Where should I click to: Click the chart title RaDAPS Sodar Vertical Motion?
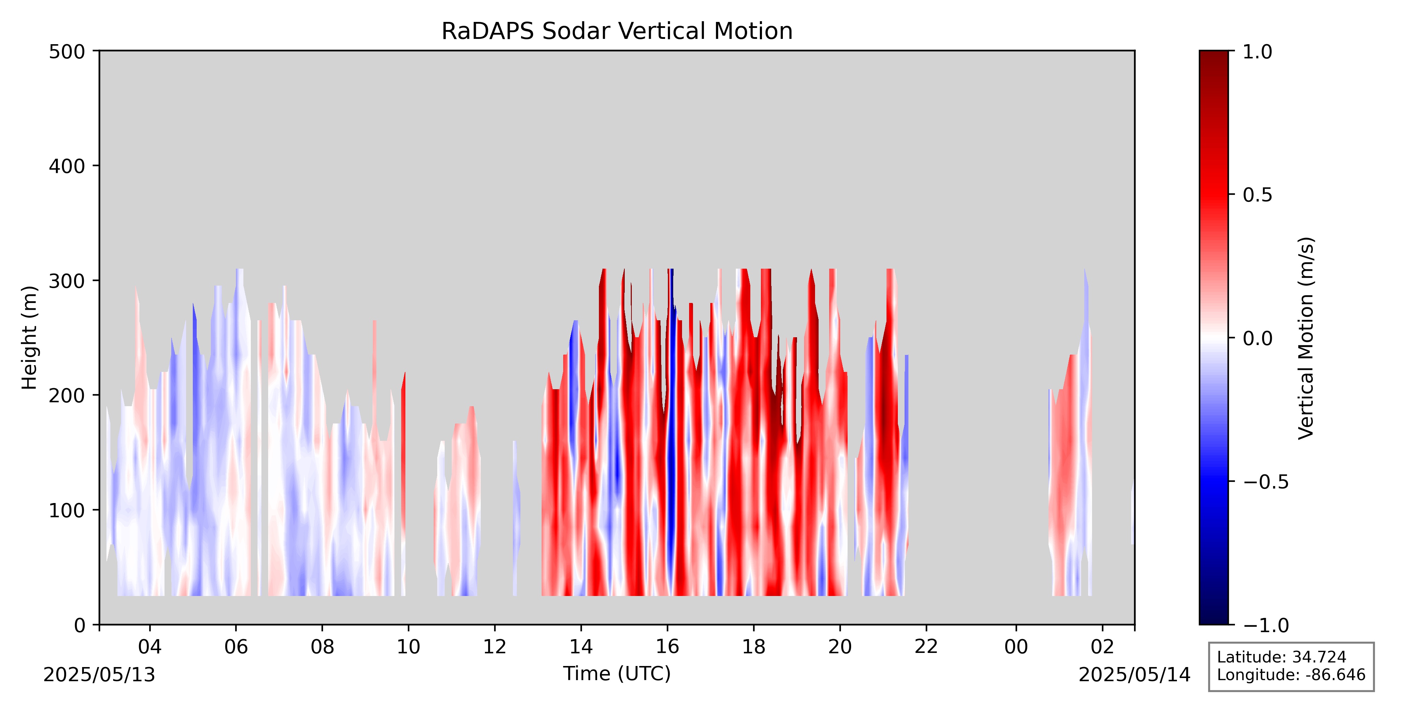617,31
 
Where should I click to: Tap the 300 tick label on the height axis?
67,281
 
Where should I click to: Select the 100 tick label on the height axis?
67,510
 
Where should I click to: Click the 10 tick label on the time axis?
408,647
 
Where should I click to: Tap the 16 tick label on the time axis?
668,647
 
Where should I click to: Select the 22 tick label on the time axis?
926,647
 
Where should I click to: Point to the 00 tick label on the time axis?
1016,647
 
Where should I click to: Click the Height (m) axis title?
30,338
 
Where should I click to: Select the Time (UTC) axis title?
617,673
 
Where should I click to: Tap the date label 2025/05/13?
99,674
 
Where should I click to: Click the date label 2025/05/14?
1134,674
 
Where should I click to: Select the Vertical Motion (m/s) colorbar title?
1306,338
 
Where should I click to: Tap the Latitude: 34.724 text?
1282,657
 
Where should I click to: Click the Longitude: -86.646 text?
1291,674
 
